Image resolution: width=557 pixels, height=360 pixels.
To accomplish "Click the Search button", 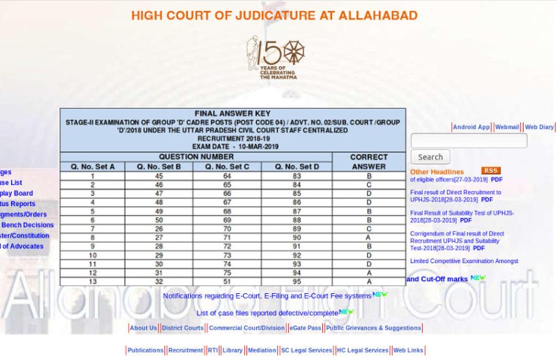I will click(430, 157).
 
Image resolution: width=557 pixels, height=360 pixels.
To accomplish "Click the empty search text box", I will click(469, 141).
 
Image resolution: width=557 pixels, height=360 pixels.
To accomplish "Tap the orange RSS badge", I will click(490, 171).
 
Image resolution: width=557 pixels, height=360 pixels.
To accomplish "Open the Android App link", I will click(471, 127).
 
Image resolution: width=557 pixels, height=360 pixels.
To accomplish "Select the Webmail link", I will click(507, 127).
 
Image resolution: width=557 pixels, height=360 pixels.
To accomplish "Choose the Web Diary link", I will click(539, 127).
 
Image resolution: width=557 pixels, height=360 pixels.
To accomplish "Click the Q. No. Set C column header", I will click(228, 166).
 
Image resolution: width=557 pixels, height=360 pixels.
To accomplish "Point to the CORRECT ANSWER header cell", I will click(368, 162).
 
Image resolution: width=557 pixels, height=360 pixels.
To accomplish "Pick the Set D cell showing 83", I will click(297, 176).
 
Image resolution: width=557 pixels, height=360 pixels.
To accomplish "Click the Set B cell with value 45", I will click(159, 176).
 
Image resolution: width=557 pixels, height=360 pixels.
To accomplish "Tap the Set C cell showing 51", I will click(227, 282).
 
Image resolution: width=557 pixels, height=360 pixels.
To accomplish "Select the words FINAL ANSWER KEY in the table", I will click(233, 114).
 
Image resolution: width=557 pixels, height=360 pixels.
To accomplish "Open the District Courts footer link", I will click(182, 328).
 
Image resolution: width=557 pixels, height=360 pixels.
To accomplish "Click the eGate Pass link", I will click(305, 328).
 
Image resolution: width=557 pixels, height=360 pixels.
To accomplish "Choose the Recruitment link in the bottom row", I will click(185, 350).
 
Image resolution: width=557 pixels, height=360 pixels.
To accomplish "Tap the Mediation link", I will click(262, 350).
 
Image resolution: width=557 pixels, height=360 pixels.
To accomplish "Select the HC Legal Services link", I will click(362, 350).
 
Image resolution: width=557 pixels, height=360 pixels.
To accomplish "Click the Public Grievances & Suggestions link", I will click(373, 328).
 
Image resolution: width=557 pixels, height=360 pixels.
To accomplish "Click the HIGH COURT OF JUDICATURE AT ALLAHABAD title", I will click(274, 15).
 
